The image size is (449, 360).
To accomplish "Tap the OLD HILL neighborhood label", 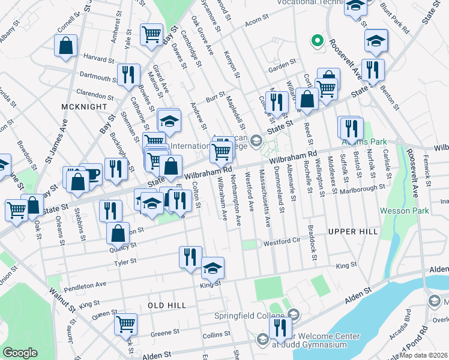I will pyautogui.click(x=167, y=305).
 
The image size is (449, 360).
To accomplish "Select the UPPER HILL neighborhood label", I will pyautogui.click(x=353, y=231).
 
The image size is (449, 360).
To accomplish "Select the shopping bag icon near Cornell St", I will pyautogui.click(x=65, y=46).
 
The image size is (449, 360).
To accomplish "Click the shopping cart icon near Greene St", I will pyautogui.click(x=126, y=325).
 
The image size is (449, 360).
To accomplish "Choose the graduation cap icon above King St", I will pyautogui.click(x=212, y=268).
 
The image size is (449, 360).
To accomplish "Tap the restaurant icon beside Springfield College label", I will pyautogui.click(x=279, y=327).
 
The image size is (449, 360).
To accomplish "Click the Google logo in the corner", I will pyautogui.click(x=20, y=353).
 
